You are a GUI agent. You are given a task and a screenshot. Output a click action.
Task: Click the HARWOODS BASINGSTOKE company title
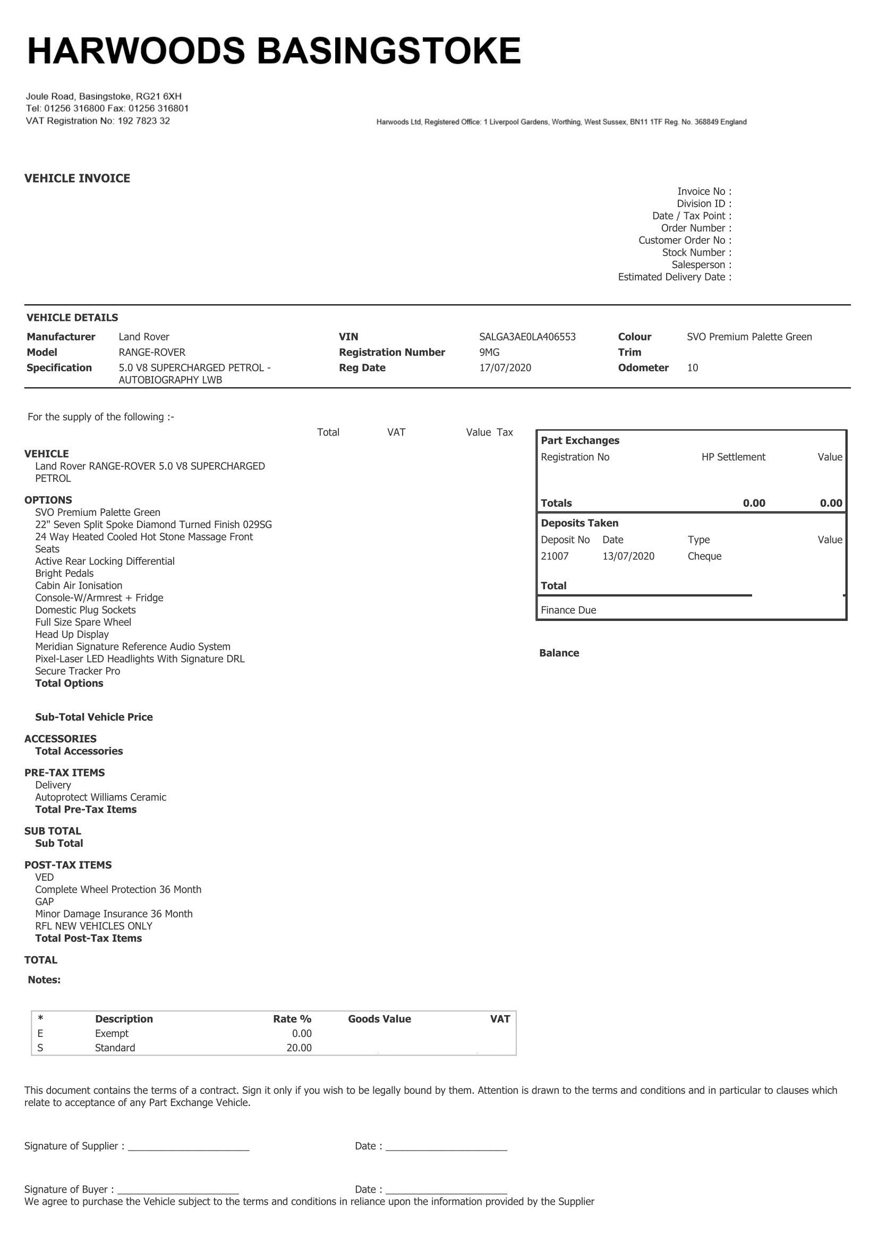274,52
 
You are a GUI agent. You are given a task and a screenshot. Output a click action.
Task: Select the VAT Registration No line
98,121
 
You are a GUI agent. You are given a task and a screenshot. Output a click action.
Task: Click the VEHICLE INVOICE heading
78,178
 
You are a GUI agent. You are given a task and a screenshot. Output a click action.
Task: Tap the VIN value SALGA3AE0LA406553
527,337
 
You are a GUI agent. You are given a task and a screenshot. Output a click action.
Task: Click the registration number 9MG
489,353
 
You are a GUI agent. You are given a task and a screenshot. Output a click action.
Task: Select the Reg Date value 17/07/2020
505,368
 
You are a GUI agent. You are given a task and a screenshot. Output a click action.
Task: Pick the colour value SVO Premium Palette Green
749,337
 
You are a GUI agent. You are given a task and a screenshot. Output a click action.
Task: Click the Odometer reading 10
693,368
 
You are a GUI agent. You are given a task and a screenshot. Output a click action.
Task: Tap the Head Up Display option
72,634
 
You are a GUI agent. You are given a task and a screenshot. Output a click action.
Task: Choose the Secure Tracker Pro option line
78,671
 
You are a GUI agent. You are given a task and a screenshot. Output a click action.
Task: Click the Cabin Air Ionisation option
79,586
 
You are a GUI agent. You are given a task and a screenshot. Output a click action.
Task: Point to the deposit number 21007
555,556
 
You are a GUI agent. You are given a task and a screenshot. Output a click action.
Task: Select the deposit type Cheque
704,556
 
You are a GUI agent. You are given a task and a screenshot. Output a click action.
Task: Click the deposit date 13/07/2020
628,556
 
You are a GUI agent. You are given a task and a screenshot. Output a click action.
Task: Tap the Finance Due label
568,610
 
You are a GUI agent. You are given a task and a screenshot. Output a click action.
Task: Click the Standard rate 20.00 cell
299,1048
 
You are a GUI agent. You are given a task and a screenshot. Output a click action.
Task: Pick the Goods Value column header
379,1019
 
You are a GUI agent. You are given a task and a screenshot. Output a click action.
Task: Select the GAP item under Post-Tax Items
45,901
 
